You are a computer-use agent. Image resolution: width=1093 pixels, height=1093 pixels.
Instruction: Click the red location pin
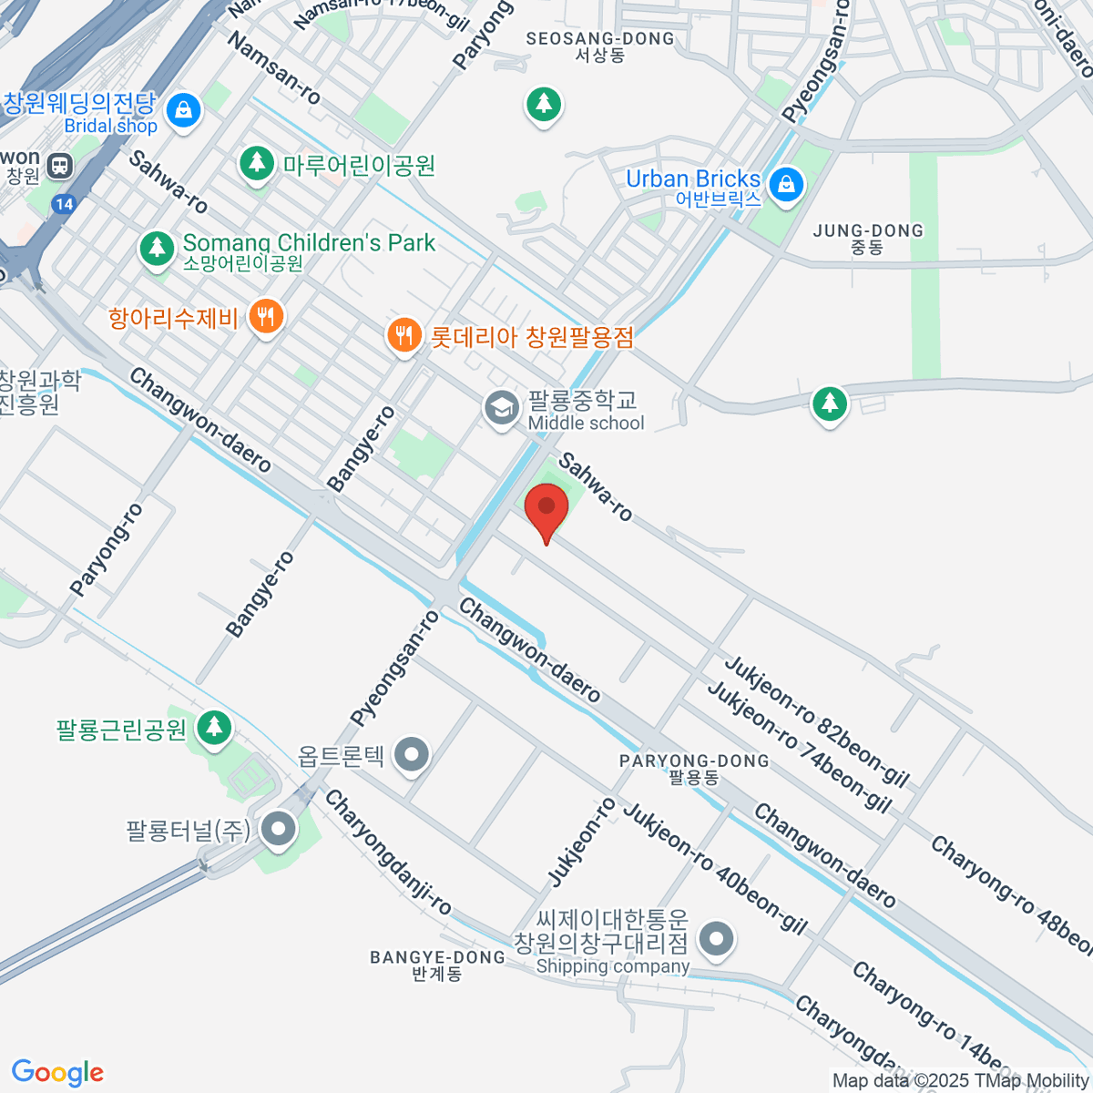(x=546, y=506)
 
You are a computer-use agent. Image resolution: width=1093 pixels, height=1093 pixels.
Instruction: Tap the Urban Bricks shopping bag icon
(x=786, y=186)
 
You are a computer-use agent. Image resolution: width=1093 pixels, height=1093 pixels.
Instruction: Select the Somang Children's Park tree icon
(x=157, y=248)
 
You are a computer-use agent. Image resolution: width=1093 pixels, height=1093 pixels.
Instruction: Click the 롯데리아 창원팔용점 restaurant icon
(x=403, y=334)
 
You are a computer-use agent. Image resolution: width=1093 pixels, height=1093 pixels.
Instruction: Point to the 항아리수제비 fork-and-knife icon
(x=266, y=317)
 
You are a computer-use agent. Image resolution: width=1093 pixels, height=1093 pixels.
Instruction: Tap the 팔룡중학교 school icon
(x=500, y=407)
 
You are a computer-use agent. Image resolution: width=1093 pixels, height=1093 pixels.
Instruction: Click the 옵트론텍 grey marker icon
(x=414, y=754)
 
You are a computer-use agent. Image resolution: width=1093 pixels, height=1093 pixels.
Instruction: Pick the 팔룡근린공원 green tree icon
(x=214, y=727)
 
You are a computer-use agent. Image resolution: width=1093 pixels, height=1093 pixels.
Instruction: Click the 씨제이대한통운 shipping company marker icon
(x=717, y=937)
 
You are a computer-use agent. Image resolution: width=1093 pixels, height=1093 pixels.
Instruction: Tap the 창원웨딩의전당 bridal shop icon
(x=184, y=109)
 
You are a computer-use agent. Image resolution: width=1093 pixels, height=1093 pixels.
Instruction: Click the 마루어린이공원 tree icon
(x=257, y=164)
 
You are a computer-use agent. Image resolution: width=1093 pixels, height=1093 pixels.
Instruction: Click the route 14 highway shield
(x=63, y=203)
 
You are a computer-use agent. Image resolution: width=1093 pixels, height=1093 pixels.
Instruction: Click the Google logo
(x=57, y=1073)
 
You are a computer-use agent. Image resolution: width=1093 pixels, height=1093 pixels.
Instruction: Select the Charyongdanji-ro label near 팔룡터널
(x=388, y=852)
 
